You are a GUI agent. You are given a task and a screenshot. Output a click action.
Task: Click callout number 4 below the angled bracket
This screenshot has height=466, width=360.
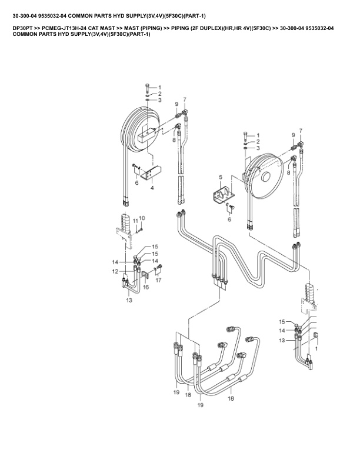(152, 188)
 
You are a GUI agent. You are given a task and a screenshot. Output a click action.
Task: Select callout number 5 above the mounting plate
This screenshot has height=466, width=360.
(221, 178)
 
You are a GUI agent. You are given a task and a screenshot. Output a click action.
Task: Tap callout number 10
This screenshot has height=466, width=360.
(142, 218)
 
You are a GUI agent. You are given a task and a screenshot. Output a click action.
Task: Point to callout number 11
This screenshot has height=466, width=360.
(135, 221)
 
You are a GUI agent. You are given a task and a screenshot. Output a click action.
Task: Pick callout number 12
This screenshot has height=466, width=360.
(115, 271)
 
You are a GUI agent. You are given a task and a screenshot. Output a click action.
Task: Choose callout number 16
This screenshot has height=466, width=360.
(146, 287)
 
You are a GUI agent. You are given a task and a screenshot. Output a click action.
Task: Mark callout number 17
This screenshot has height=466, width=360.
(158, 280)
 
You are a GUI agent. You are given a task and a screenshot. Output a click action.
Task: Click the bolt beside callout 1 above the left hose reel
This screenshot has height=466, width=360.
(148, 88)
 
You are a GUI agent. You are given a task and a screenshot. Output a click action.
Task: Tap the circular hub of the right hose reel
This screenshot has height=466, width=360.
(265, 177)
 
